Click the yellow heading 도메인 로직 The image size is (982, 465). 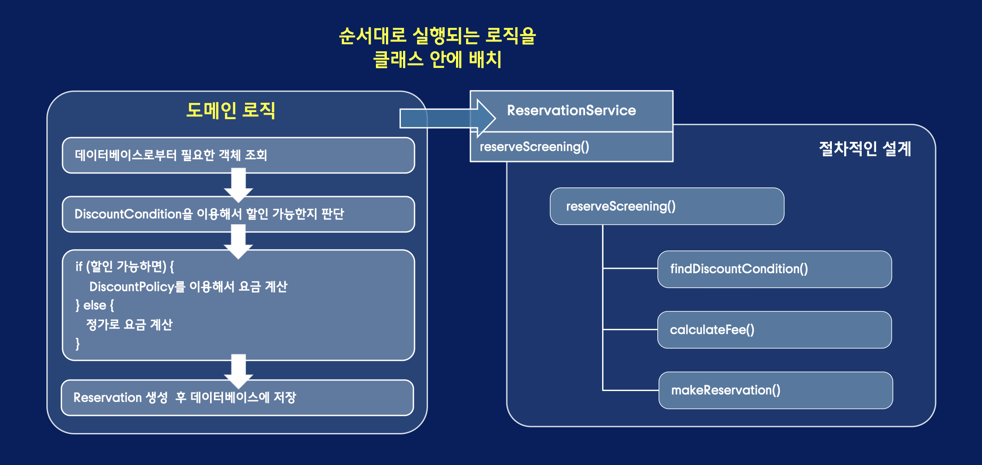231,110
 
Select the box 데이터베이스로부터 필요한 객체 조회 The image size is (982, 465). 238,155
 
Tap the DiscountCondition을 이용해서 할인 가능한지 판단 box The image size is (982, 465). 238,214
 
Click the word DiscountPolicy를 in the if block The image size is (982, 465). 137,287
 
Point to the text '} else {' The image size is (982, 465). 95,305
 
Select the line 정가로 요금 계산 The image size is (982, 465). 129,324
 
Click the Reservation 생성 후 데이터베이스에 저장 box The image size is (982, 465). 237,398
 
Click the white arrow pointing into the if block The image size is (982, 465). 238,242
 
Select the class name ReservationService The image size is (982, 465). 571,110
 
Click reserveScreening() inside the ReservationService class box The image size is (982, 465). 534,147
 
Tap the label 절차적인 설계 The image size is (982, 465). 865,148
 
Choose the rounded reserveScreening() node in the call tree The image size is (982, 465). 666,206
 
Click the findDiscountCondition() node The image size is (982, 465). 774,269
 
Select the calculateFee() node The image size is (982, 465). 774,330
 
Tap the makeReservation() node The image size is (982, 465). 775,390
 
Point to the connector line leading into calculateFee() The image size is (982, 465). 630,329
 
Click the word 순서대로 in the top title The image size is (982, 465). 372,36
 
